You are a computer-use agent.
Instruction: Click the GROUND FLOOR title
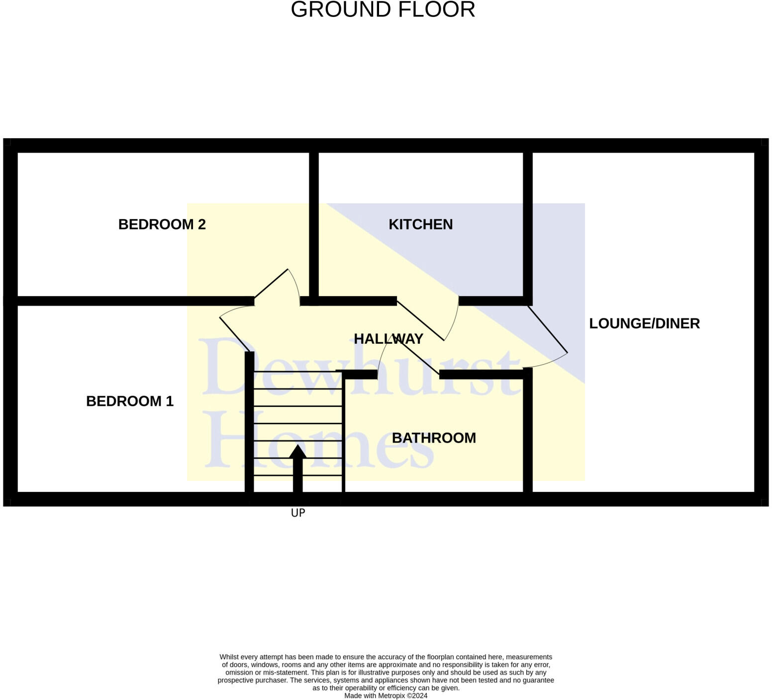click(x=383, y=10)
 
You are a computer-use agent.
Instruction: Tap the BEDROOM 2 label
click(x=162, y=225)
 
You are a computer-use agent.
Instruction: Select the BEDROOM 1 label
click(x=130, y=401)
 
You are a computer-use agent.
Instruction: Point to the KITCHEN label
click(x=420, y=225)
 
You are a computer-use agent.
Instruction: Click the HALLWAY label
click(x=388, y=339)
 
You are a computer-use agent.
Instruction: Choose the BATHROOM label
click(x=434, y=438)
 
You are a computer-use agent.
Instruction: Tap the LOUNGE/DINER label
click(x=644, y=324)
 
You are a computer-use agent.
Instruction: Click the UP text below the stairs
click(x=298, y=513)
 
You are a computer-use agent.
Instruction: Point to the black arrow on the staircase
click(x=297, y=467)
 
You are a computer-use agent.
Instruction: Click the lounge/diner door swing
click(x=547, y=338)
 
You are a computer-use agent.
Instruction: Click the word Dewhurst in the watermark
click(x=358, y=368)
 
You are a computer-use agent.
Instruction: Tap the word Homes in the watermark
click(x=318, y=440)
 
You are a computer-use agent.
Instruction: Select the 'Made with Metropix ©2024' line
click(x=386, y=696)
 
